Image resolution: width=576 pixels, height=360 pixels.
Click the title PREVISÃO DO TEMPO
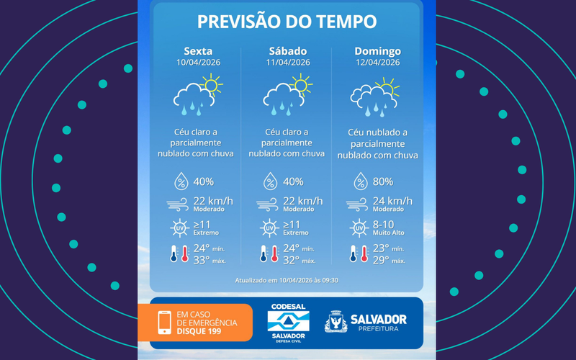[x=287, y=22]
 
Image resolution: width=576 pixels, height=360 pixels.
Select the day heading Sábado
[x=287, y=51]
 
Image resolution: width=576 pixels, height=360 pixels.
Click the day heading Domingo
[x=377, y=51]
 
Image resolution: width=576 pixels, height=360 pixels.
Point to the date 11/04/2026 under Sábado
[x=287, y=63]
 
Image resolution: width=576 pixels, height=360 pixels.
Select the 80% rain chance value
[x=384, y=181]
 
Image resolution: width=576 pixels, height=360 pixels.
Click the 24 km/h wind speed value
[x=392, y=200]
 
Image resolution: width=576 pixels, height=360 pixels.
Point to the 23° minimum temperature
[x=380, y=248]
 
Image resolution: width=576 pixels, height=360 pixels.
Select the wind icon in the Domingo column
[x=358, y=204]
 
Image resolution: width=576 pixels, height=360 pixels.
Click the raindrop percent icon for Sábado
[x=270, y=181]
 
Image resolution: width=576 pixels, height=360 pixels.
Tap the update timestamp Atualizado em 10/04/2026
[x=287, y=280]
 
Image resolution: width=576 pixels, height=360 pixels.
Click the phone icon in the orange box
[x=163, y=322]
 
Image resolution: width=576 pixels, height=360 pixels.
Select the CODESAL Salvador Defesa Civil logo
[x=286, y=323]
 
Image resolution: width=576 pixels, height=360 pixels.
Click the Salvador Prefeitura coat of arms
[x=336, y=322]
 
